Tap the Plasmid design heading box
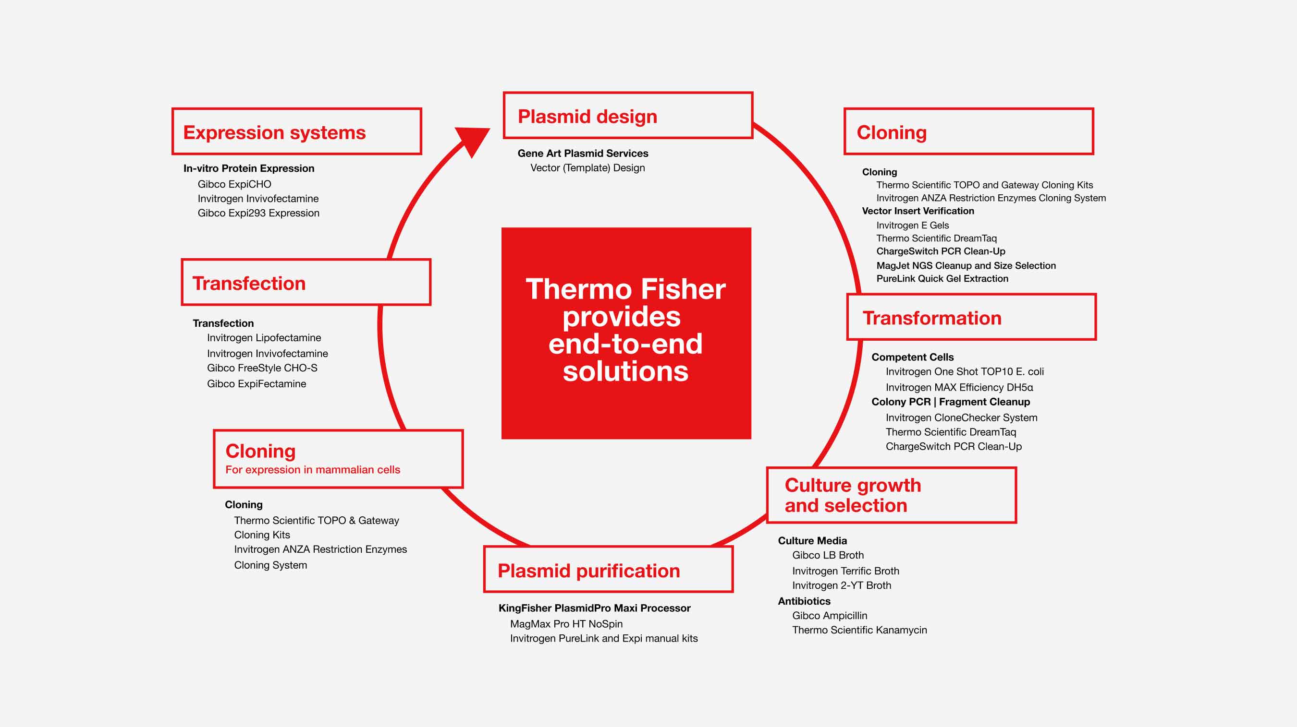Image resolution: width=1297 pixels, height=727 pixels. point(627,116)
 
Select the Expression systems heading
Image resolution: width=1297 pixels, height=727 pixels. point(274,132)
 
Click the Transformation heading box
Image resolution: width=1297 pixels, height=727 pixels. point(971,318)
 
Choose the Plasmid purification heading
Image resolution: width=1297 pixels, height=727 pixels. point(588,571)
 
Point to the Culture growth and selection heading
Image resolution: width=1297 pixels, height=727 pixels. point(853,495)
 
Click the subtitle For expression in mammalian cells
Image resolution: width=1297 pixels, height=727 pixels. point(313,469)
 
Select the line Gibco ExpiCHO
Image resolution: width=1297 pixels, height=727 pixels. point(234,184)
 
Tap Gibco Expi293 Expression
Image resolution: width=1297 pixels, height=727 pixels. point(258,213)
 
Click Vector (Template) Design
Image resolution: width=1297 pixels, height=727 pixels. point(587,167)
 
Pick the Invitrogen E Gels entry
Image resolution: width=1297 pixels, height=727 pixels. point(912,225)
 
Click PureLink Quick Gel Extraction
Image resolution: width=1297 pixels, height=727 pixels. point(942,278)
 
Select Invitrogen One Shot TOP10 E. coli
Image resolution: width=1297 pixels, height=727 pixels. point(964,371)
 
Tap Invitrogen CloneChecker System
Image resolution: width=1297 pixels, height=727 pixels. point(961,417)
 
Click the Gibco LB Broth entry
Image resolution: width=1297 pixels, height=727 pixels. point(828,555)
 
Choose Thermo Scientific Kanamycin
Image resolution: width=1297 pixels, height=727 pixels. point(859,630)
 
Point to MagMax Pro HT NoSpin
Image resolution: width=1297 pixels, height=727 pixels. point(566,624)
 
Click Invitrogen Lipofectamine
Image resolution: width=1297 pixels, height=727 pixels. point(264,338)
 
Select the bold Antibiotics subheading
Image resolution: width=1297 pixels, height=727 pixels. point(804,601)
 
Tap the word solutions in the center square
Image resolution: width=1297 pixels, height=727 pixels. point(625,371)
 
